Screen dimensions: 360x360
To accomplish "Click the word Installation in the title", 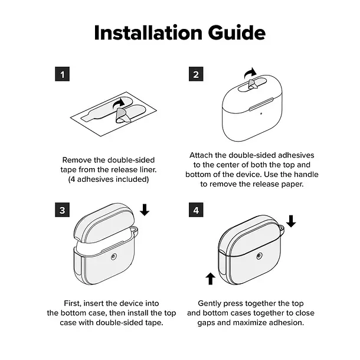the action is pos(148,33).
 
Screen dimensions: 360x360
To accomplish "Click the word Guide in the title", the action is pos(237,33).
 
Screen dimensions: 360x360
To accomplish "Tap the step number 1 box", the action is pos(62,74).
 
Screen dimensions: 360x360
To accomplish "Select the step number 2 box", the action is pos(196,74).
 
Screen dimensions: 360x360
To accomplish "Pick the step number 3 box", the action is pos(62,210).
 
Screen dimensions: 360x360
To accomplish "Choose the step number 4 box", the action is pos(196,210).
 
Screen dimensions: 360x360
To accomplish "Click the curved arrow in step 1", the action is pos(119,103).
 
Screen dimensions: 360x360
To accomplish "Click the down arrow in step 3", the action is pos(145,210).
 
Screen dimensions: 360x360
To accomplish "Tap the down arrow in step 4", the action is pos(291,221).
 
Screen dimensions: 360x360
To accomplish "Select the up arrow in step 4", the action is pos(210,279).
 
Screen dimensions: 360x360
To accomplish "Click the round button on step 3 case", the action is pos(113,257).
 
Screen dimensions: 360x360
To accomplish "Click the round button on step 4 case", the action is pos(259,256).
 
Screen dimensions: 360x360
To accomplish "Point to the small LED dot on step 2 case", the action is pos(261,113).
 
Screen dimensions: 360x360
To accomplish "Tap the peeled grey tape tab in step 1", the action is pos(122,116).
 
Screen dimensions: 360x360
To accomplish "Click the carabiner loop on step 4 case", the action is pos(283,230).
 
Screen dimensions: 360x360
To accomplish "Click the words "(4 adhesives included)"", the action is pos(109,179).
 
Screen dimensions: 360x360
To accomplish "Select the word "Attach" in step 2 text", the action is pos(201,155).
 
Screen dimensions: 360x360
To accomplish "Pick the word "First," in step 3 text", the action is pos(73,303).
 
